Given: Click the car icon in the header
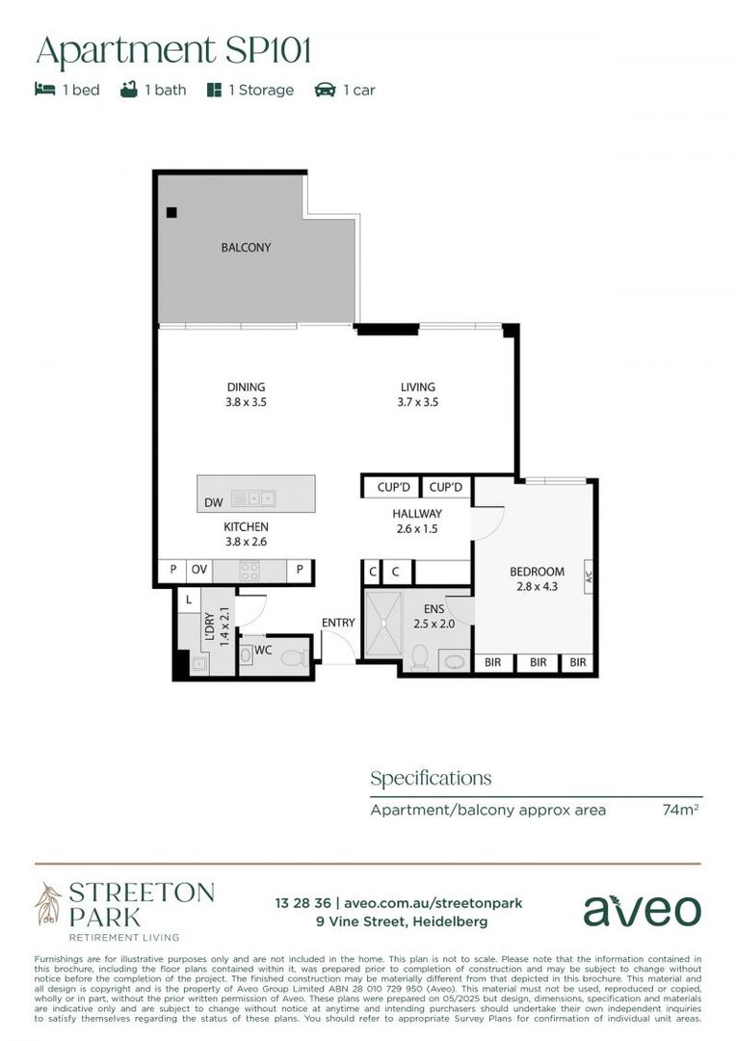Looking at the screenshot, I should coord(325,90).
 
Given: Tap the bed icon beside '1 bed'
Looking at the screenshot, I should coord(44,90).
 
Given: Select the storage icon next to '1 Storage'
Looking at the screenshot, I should coord(214,90).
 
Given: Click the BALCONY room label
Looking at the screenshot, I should coord(246,248).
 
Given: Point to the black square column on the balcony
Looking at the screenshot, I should coord(171,212).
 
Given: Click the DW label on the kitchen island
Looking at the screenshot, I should coord(213,502).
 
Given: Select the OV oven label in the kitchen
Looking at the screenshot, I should coord(198,571).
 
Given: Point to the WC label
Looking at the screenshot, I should coord(262,651).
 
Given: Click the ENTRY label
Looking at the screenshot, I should coord(338,623).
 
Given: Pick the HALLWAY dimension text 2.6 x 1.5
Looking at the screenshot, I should coord(417,528).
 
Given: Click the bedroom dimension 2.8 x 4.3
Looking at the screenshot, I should coord(537,586).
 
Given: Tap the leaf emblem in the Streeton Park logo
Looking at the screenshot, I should coord(47,903).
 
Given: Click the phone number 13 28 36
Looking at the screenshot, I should coord(302,903).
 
